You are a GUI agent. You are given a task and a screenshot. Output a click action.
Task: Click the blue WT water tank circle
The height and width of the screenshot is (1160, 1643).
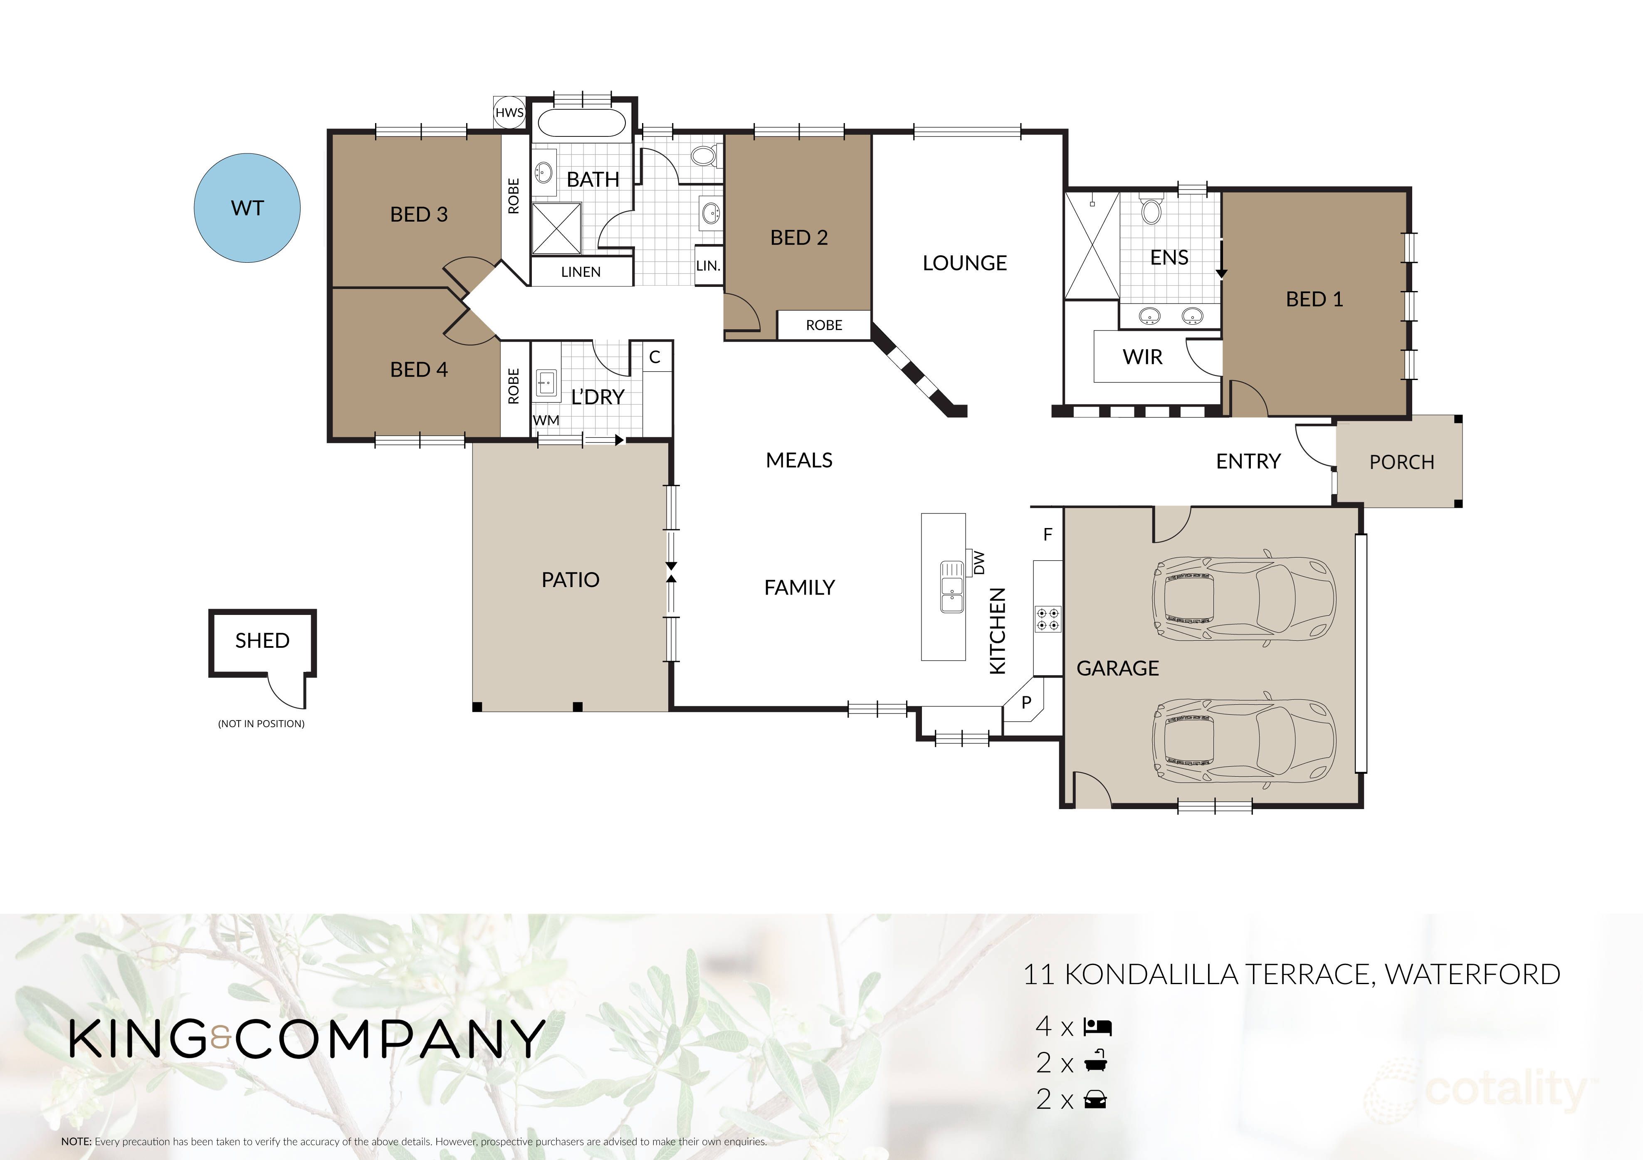pos(247,208)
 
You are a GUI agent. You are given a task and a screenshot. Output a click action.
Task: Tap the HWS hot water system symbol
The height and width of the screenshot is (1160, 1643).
pos(509,112)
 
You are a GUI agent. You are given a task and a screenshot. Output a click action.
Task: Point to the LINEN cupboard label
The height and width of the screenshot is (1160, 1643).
pos(581,272)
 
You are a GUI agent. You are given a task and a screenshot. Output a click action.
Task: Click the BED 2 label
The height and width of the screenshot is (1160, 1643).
pos(798,237)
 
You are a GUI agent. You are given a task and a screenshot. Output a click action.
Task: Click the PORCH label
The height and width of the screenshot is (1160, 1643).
pos(1401,462)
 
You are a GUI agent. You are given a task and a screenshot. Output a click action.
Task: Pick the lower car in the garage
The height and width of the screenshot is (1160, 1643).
pos(1244,740)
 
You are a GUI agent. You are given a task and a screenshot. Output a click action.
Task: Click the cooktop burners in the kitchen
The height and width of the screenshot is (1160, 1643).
pos(1048,619)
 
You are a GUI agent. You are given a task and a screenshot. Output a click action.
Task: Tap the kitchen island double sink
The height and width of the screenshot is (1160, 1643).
pos(952,587)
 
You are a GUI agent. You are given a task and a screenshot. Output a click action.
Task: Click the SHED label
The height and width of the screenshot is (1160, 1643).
pos(262,640)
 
